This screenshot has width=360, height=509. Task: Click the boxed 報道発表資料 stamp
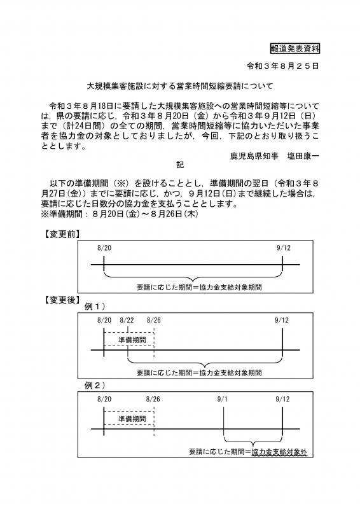click(x=294, y=48)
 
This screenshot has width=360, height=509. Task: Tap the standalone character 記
click(x=180, y=164)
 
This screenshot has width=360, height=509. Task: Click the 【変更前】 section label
click(x=62, y=234)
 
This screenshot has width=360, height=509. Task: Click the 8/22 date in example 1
click(x=127, y=320)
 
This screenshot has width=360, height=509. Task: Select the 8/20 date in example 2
click(x=104, y=399)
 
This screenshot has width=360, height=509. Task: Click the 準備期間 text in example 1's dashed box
click(x=132, y=340)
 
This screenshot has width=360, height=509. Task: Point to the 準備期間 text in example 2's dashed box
click(x=132, y=419)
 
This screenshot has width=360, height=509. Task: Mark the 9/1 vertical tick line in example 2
click(x=224, y=426)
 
